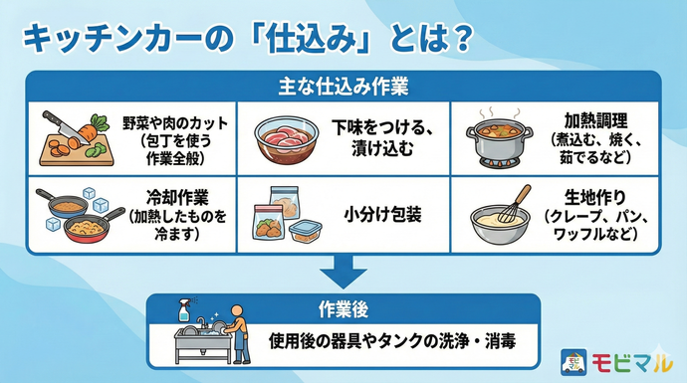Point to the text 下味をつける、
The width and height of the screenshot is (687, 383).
[x=381, y=128]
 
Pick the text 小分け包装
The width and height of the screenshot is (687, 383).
[x=381, y=213]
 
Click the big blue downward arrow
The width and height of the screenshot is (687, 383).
[x=343, y=272]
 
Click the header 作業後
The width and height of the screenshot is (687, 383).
[x=343, y=306]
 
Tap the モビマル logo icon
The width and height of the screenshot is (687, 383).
[x=574, y=359]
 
